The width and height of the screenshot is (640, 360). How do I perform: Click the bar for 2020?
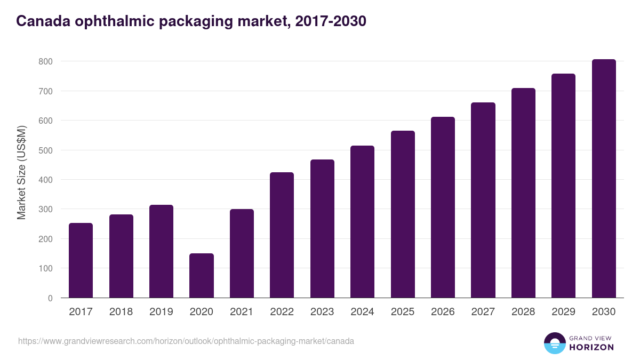pos(202,276)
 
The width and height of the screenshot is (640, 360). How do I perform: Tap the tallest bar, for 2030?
pos(604,179)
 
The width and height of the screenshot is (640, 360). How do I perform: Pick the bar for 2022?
pos(282,235)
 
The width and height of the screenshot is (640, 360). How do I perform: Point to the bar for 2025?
pos(403,214)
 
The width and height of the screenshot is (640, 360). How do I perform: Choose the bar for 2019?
pos(161,251)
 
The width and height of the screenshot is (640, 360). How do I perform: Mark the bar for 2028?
pos(523,193)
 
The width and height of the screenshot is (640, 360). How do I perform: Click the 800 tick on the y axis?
pos(45,62)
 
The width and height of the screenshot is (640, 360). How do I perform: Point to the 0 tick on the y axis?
pos(50,298)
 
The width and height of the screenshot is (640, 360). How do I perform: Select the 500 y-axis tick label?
pos(45,150)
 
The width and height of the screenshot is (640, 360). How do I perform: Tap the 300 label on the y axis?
pos(45,210)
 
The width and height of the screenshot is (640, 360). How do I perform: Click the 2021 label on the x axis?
pos(242,312)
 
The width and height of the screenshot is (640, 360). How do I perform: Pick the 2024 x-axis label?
pos(362,312)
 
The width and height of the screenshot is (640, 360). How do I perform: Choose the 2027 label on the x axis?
pos(483,312)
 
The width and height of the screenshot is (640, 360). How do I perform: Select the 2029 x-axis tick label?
pos(564,312)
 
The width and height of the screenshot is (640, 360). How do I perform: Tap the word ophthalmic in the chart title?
pos(117,21)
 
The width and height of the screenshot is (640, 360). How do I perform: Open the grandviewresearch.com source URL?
pos(186,341)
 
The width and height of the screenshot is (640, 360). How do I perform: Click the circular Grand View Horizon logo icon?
pos(555,343)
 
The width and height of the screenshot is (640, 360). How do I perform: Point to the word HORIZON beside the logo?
pos(591,347)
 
